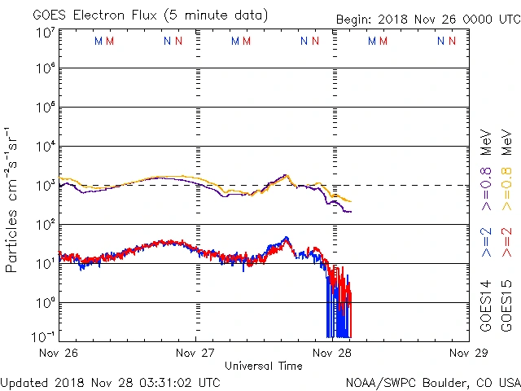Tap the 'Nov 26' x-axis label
pos(59,353)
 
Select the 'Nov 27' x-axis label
pos(195,353)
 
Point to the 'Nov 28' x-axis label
pos(331,353)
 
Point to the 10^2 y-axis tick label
pos(44,224)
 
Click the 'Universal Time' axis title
pos(264,366)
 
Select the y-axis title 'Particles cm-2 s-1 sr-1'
pos(12,199)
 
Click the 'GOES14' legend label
pos(486,309)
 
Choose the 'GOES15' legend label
pos(507,309)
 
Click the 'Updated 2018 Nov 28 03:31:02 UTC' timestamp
pos(110,382)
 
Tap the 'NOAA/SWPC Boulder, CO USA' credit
pos(432,382)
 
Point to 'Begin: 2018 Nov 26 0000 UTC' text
pos(427,19)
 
